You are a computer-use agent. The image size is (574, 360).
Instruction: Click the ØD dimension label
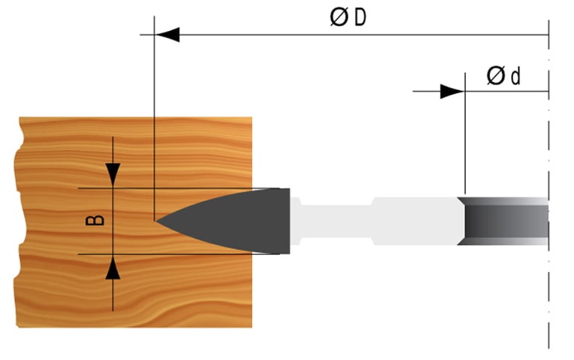[x=349, y=17]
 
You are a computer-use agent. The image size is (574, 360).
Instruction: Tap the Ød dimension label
[x=503, y=76]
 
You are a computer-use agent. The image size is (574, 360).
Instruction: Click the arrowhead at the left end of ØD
[x=167, y=34]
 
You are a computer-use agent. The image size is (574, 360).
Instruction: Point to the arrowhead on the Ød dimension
[x=452, y=91]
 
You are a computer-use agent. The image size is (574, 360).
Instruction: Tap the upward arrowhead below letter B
[x=114, y=269]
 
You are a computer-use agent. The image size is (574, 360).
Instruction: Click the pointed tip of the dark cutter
[x=158, y=220]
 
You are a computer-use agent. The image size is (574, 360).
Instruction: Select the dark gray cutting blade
[x=245, y=220]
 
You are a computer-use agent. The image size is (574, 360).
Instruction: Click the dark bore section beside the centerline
[x=504, y=220]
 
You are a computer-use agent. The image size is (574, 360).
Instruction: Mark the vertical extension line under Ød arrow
[x=465, y=144]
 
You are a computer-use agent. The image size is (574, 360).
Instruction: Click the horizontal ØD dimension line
[x=360, y=34]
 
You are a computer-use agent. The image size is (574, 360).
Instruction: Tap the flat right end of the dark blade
[x=289, y=220]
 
